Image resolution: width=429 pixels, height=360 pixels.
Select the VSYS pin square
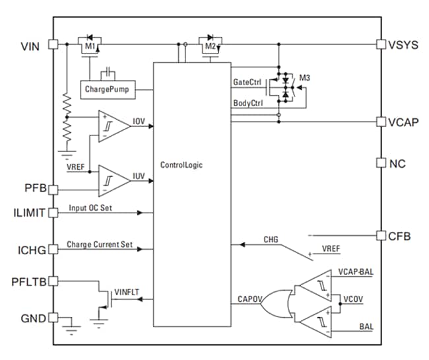click(x=381, y=44)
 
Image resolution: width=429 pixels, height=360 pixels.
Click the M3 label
click(x=304, y=78)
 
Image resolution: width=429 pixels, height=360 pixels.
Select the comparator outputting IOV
click(x=112, y=124)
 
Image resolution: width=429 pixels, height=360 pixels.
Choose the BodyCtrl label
click(x=249, y=104)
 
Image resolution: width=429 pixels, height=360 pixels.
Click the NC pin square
click(x=381, y=162)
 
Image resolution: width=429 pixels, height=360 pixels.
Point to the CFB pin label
click(x=401, y=235)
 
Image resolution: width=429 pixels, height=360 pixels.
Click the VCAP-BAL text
click(x=355, y=271)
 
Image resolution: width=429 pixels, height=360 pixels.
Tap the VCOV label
click(x=352, y=299)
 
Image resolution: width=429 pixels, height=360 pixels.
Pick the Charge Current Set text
click(x=100, y=245)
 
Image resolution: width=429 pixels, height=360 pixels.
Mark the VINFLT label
click(x=125, y=291)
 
